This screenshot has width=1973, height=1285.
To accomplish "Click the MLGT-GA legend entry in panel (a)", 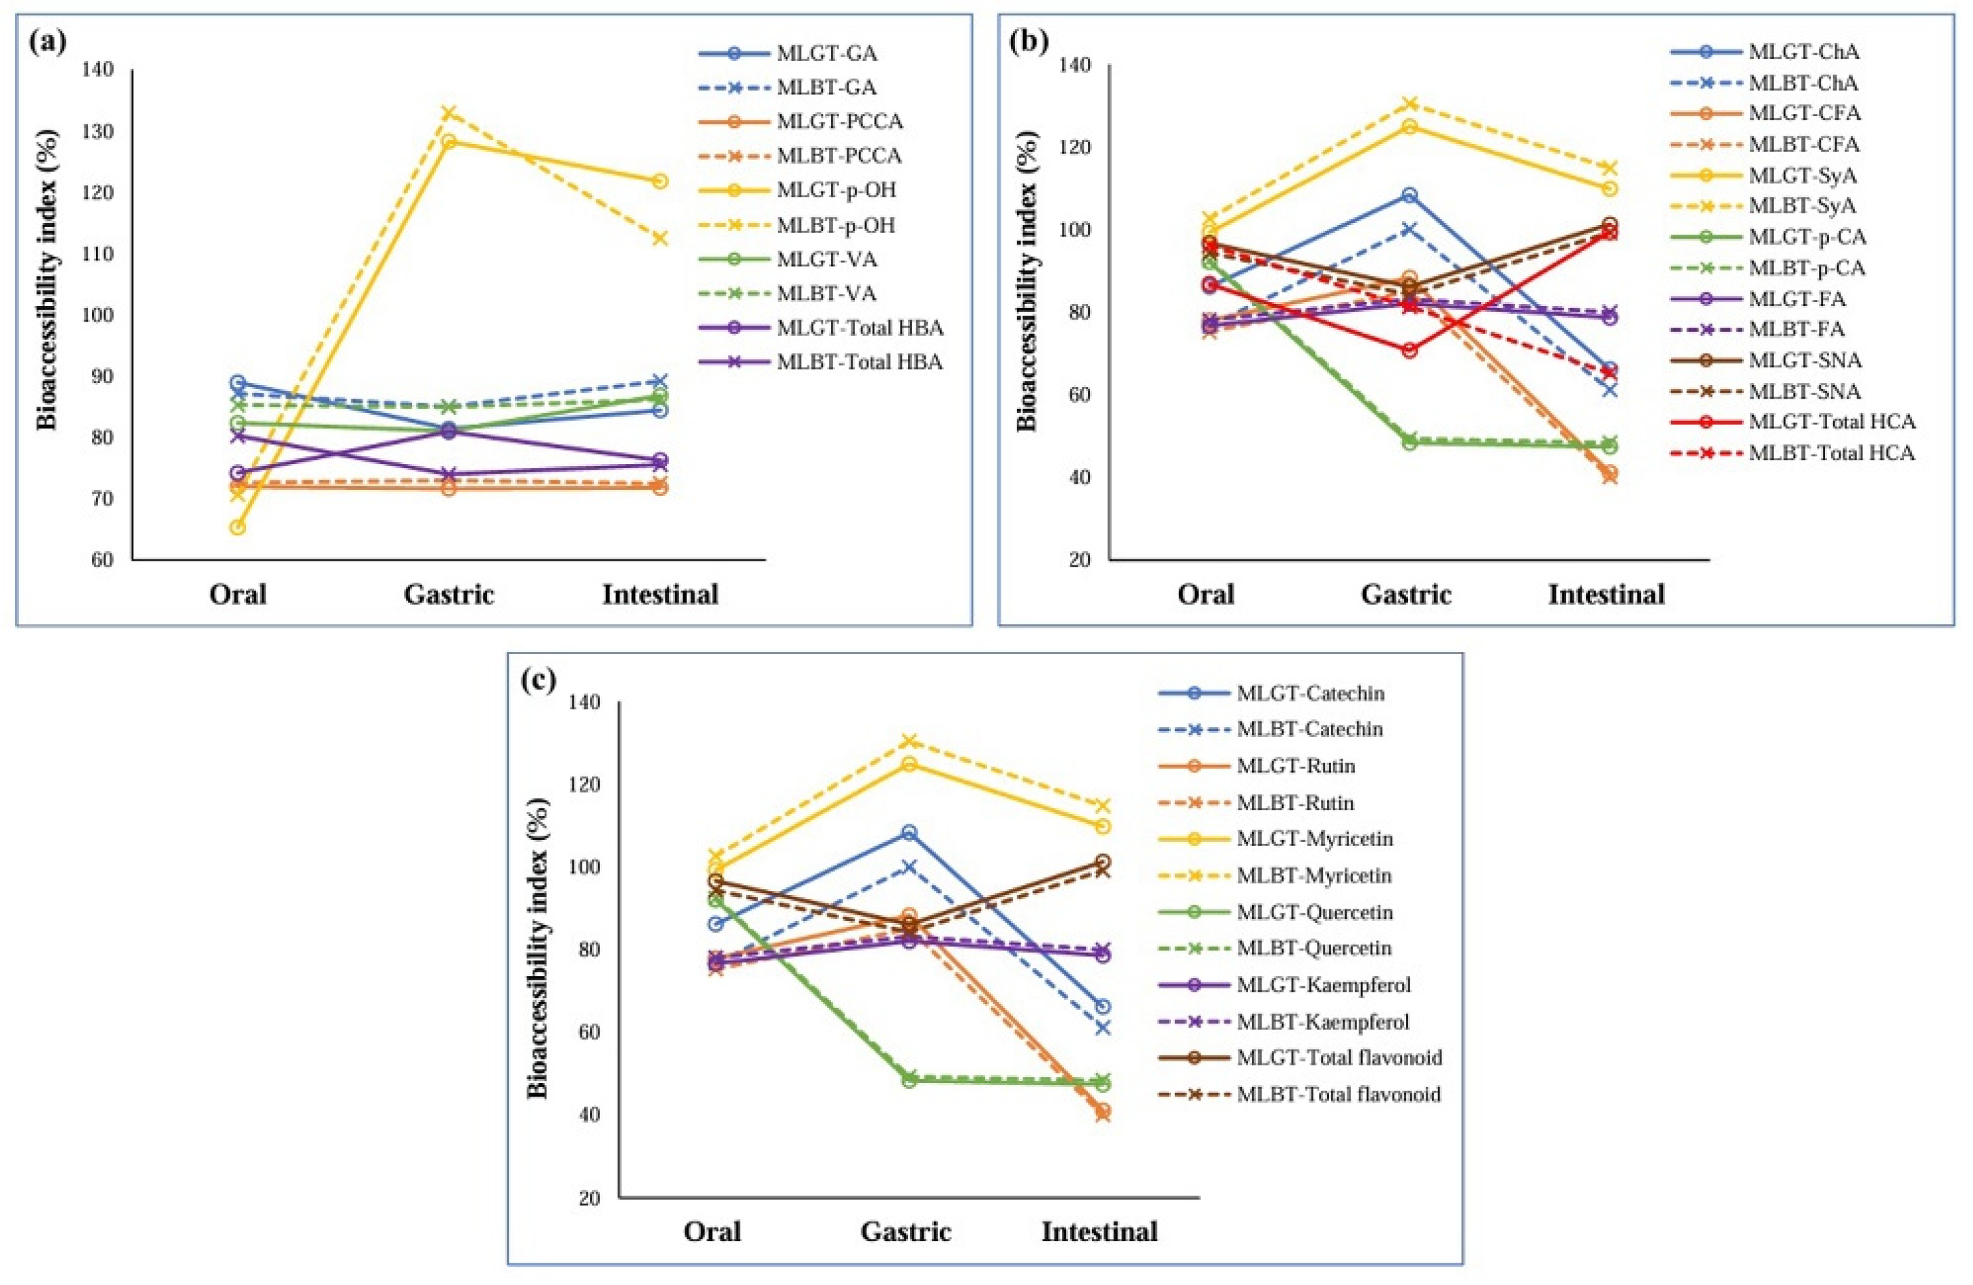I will tap(826, 54).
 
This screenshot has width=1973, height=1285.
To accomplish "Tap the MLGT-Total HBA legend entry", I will tap(859, 328).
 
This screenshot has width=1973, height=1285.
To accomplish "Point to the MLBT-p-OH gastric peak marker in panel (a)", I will tap(449, 113).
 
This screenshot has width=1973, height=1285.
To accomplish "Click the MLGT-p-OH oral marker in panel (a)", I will tap(237, 527).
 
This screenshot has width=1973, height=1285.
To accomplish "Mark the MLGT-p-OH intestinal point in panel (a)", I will tap(660, 182).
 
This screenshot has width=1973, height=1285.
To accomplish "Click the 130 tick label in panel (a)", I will tap(97, 132).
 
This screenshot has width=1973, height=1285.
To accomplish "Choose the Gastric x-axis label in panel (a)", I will tap(449, 595).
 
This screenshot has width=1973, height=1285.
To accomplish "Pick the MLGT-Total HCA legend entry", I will tap(1831, 422).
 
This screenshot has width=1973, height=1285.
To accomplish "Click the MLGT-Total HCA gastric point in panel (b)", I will tap(1409, 351).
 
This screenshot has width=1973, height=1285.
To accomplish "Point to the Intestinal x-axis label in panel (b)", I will tap(1605, 595).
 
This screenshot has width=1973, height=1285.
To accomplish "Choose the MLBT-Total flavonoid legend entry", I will tap(1338, 1094).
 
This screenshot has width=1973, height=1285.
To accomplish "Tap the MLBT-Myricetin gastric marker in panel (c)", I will tap(909, 740).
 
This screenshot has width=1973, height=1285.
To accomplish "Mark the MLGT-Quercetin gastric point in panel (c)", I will tap(909, 1080).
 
